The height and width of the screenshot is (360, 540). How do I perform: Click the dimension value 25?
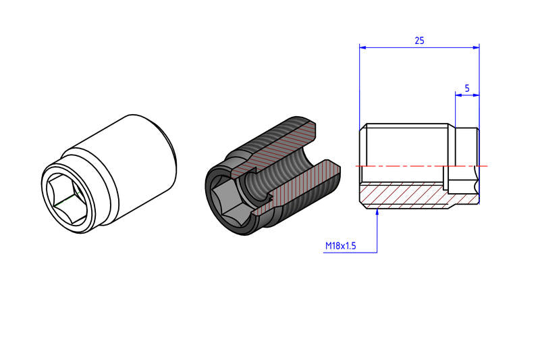[x=419, y=41]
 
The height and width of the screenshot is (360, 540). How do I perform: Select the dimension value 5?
[x=467, y=88]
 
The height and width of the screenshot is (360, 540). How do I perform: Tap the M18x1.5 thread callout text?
[x=341, y=246]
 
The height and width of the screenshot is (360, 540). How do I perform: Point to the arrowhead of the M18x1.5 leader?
[x=377, y=211]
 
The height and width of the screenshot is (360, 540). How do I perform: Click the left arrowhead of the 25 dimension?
[x=362, y=47]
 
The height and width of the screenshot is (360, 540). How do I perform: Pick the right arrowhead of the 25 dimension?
[x=477, y=47]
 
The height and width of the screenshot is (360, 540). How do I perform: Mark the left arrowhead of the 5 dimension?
[x=458, y=95]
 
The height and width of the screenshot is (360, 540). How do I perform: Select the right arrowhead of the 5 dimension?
[x=477, y=95]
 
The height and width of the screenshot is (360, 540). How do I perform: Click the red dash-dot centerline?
[x=421, y=166]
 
